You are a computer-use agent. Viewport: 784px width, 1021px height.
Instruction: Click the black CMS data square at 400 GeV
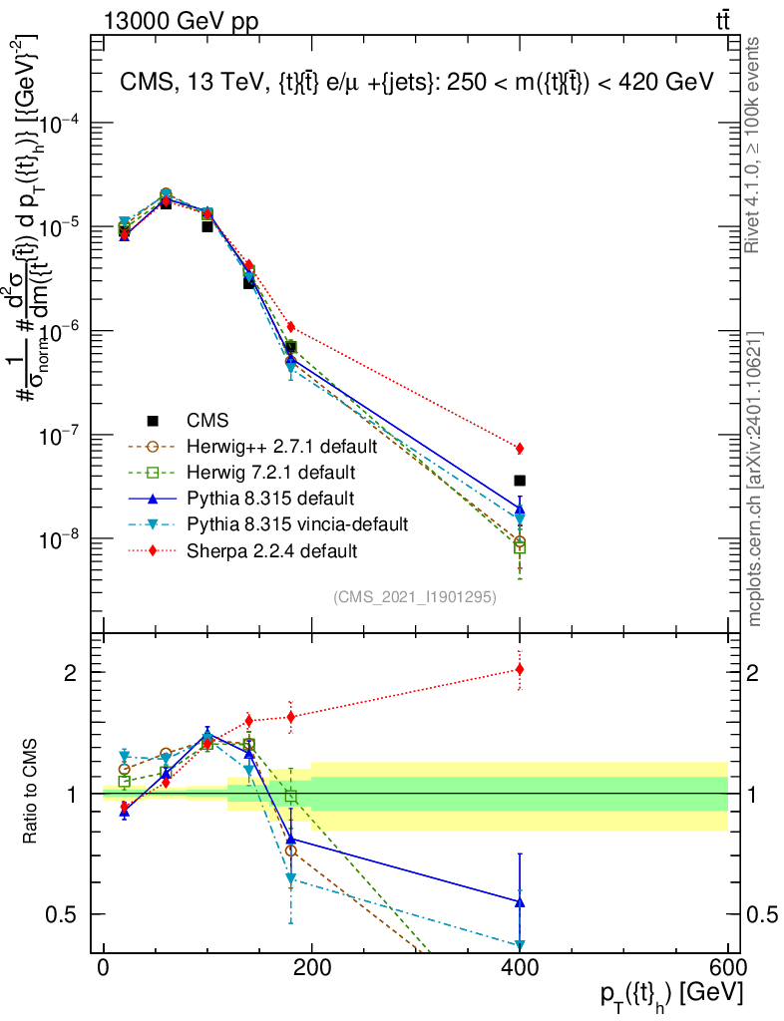tap(520, 481)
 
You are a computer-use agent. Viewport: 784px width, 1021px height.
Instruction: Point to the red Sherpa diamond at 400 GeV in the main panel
tap(520, 448)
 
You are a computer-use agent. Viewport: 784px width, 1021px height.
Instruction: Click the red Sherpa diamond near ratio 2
tap(520, 669)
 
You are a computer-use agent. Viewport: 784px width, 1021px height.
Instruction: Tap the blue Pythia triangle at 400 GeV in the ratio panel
tap(520, 902)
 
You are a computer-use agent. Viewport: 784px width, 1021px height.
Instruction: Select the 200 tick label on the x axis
tap(312, 970)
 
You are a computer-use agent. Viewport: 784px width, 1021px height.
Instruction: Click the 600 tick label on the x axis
tap(728, 970)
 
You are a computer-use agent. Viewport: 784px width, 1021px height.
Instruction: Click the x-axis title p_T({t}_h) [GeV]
tap(670, 995)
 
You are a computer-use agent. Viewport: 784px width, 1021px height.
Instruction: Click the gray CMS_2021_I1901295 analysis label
tap(415, 596)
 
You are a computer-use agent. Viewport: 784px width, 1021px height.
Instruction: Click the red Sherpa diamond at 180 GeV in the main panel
tap(291, 327)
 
